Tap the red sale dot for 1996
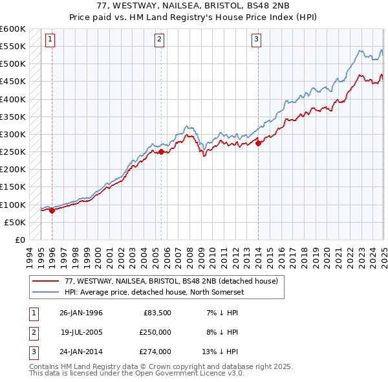pyautogui.click(x=51, y=210)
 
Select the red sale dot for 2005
pyautogui.click(x=161, y=152)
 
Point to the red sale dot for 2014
pyautogui.click(x=258, y=144)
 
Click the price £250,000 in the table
pyautogui.click(x=155, y=332)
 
